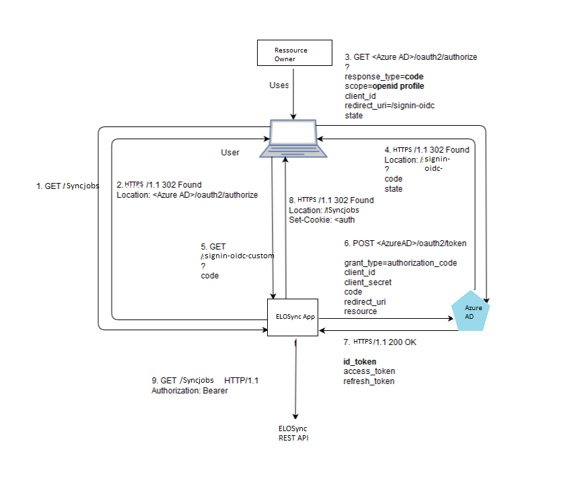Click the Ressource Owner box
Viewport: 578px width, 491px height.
pyautogui.click(x=295, y=54)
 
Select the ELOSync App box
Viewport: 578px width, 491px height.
pyautogui.click(x=294, y=317)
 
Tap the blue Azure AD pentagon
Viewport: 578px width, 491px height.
pyautogui.click(x=474, y=311)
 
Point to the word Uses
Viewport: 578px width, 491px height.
pyautogui.click(x=279, y=85)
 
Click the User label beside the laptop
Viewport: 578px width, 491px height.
pyautogui.click(x=230, y=153)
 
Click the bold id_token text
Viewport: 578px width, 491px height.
pyautogui.click(x=360, y=362)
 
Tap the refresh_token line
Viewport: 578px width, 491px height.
pyautogui.click(x=369, y=381)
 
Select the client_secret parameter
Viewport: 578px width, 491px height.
pyautogui.click(x=367, y=282)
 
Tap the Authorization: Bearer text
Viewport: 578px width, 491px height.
pyautogui.click(x=190, y=391)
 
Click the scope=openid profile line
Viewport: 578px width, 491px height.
pyautogui.click(x=384, y=86)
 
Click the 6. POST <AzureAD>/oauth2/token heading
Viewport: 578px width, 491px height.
pyautogui.click(x=405, y=243)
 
